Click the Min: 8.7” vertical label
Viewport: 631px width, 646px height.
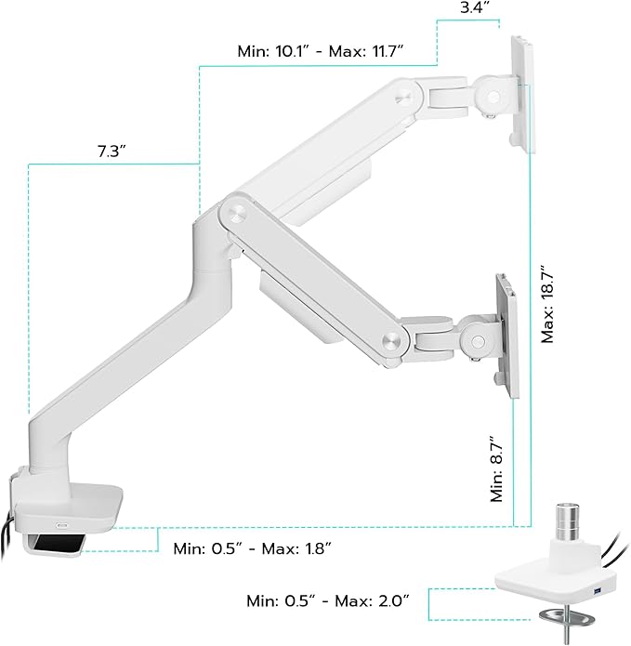pos(497,472)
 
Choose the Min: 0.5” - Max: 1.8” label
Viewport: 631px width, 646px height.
pos(252,547)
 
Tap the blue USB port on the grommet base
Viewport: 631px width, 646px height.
pos(597,593)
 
